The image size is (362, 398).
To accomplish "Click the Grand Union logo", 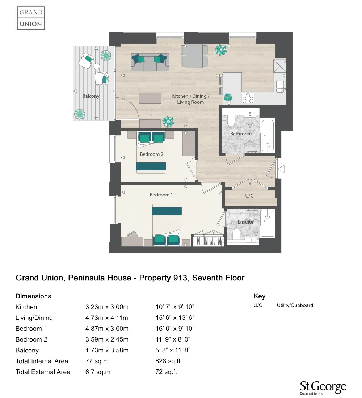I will tap(31, 18).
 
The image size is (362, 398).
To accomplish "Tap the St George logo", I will tap(323, 388).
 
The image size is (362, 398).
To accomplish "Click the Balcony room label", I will tap(91, 96).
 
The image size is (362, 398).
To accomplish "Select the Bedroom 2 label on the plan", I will tap(152, 154).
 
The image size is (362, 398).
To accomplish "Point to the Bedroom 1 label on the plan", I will tap(161, 195).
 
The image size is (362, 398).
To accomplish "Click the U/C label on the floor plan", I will tap(249, 196).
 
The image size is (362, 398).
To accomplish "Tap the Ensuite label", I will tap(245, 222).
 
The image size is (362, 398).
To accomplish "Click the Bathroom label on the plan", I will tap(241, 134).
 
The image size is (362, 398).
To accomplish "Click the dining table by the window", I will tap(194, 56).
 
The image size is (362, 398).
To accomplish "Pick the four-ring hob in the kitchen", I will tap(248, 98).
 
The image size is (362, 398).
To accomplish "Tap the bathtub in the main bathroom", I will tap(268, 136).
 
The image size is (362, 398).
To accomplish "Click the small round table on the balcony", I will tap(97, 66).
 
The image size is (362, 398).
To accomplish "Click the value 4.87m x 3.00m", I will tap(107, 329).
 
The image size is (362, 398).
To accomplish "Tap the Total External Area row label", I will tap(43, 372).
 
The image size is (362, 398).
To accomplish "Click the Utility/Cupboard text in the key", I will tap(295, 305).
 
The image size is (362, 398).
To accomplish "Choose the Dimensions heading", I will tap(33, 296).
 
